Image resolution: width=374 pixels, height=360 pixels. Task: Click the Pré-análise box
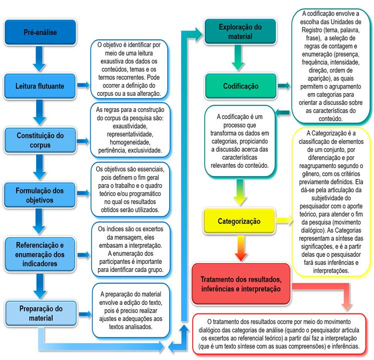tap(40, 33)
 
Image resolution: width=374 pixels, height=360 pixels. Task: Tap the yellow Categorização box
tap(239, 220)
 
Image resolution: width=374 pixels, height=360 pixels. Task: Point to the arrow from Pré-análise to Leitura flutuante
tap(41, 59)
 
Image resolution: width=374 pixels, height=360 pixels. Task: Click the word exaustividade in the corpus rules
tap(130, 128)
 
